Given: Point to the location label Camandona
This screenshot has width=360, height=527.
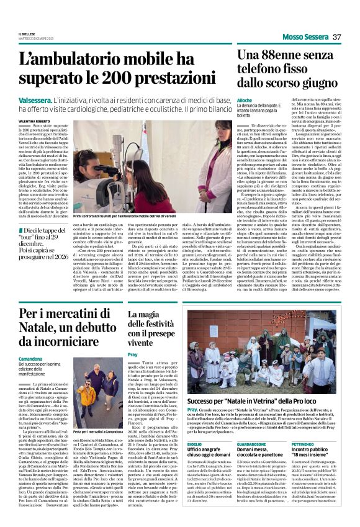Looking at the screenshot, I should [30, 359].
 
